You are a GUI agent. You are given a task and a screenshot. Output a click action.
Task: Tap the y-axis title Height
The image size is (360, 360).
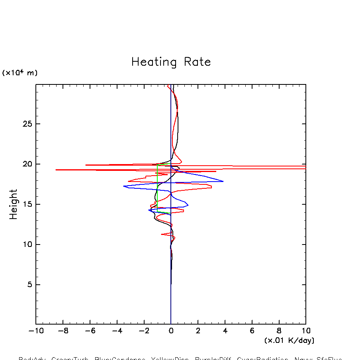tap(14, 204)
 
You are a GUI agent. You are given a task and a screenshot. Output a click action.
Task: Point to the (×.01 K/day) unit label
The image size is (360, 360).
tap(289, 340)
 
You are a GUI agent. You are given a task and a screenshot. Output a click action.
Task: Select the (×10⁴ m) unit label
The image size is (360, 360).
tap(20, 73)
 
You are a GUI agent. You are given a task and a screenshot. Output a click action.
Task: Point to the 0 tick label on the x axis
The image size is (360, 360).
tap(171, 331)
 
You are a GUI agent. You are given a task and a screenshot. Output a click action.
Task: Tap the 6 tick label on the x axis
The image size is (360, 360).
tap(252, 331)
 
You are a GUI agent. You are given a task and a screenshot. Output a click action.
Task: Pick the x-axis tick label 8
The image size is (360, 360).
tap(279, 331)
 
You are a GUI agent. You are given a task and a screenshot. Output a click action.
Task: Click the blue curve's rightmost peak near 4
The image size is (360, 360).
tap(223, 181)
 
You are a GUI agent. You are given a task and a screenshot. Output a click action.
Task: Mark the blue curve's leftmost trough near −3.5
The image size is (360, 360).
tap(124, 186)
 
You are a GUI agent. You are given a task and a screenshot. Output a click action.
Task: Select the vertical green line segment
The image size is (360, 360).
tap(157, 187)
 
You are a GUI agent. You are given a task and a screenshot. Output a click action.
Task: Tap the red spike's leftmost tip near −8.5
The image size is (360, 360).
tap(56, 170)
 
